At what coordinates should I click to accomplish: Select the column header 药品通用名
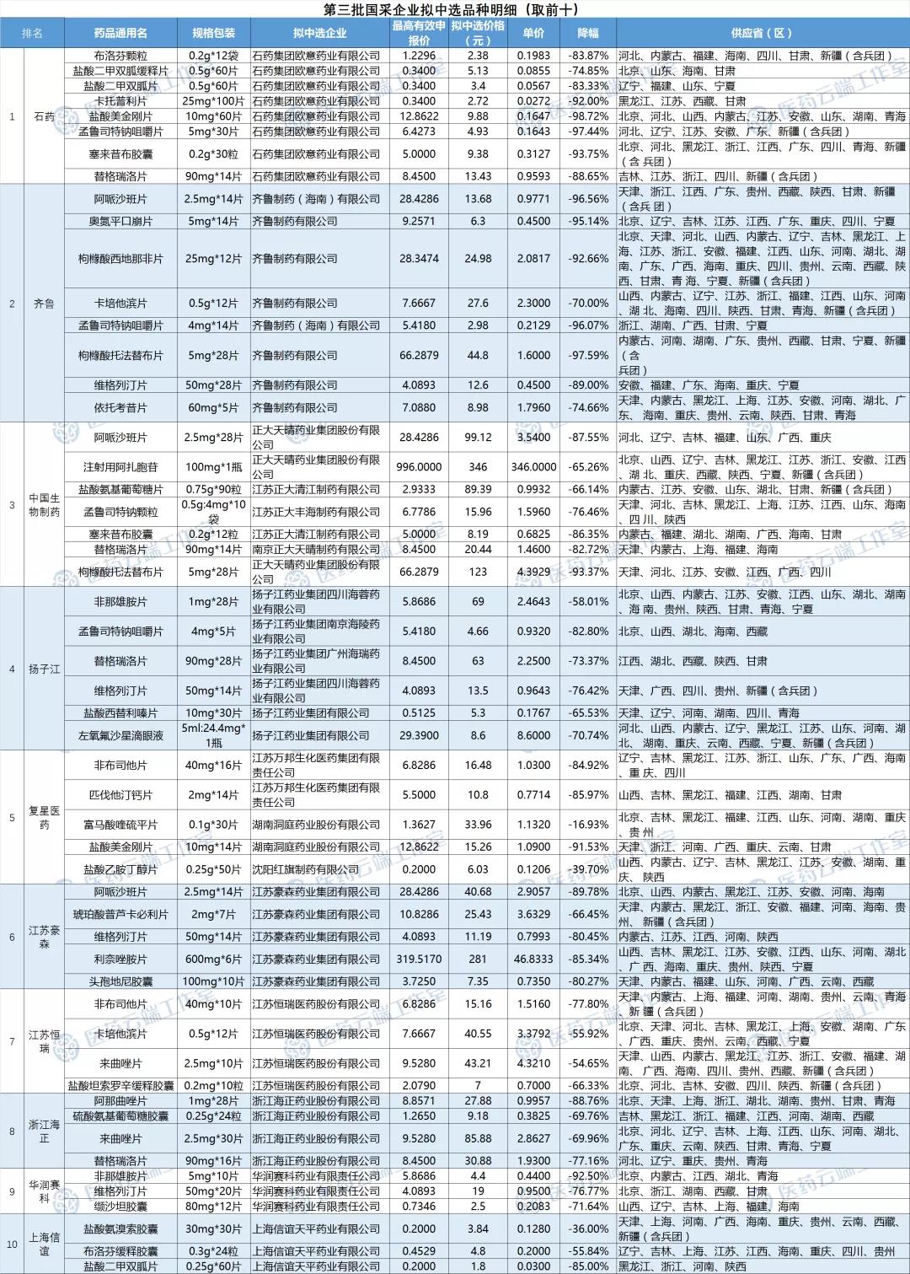(120, 33)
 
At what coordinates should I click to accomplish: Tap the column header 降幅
(587, 33)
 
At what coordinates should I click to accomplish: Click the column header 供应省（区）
(762, 33)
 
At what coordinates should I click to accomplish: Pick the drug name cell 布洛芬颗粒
(120, 56)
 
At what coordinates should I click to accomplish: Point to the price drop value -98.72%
(588, 116)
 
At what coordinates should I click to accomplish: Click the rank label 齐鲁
(44, 304)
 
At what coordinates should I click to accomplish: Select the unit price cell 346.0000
(533, 467)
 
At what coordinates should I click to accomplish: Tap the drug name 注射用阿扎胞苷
(120, 467)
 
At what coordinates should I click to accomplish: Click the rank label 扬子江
(44, 669)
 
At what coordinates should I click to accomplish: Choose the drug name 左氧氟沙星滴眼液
(120, 735)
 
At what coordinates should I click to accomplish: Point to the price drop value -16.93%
(588, 825)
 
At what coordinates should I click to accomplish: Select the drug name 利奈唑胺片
(120, 960)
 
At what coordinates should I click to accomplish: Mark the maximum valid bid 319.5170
(419, 960)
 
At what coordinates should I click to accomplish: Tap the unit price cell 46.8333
(533, 960)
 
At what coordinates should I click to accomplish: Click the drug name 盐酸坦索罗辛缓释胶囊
(120, 1086)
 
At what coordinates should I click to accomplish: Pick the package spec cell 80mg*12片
(214, 1207)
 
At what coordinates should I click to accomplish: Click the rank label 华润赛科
(44, 1191)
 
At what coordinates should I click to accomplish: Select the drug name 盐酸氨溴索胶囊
(120, 1229)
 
